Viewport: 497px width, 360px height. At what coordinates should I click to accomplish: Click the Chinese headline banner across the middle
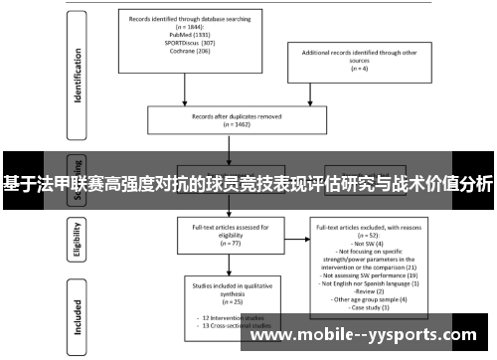tap(248, 184)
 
